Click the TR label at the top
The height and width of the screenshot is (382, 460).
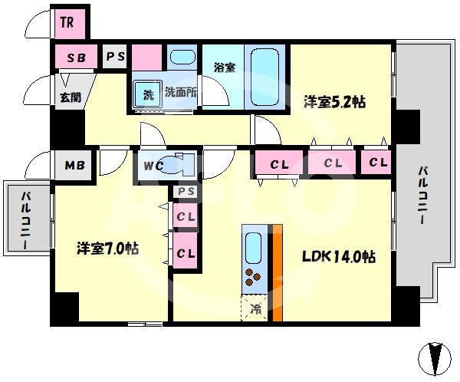tap(67, 22)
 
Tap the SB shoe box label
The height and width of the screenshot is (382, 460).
tap(75, 58)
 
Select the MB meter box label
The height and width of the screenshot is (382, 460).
tap(74, 165)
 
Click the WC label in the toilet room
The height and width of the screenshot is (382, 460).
tap(151, 165)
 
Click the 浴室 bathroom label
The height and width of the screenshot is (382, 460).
tap(225, 68)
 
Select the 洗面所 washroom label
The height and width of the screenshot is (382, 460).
tap(182, 93)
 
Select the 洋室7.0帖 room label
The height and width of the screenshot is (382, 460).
tap(107, 249)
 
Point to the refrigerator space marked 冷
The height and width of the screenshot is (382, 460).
tap(256, 309)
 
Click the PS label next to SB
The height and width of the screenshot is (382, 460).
tap(115, 57)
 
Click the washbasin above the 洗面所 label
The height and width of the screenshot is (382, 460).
tap(181, 58)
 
